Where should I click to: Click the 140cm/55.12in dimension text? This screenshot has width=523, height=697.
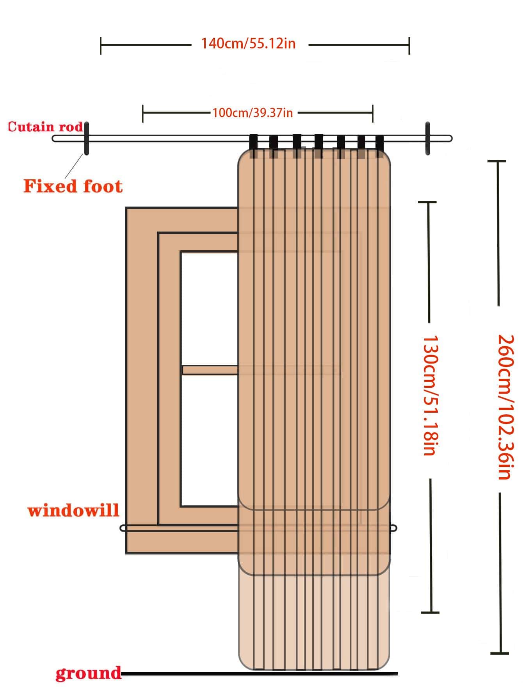click(248, 43)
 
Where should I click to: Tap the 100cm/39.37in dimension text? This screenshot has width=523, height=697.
click(253, 113)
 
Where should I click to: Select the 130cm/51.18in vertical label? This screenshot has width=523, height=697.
click(429, 395)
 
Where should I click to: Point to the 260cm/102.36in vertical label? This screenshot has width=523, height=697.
click(504, 406)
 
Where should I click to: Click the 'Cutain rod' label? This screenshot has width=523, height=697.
click(45, 127)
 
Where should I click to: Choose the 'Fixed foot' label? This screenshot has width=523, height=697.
click(73, 186)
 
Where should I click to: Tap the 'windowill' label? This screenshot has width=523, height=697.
click(73, 510)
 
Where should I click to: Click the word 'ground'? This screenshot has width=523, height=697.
click(88, 673)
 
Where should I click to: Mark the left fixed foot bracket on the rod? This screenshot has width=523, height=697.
click(86, 139)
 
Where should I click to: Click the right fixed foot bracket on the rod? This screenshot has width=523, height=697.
click(428, 139)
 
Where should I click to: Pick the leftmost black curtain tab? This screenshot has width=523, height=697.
click(254, 145)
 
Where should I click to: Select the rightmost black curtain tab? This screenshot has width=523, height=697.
click(380, 145)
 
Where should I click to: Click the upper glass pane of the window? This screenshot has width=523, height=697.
click(209, 308)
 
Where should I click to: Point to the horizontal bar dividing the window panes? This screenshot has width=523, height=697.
click(210, 370)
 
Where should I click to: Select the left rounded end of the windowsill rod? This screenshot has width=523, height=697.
click(123, 528)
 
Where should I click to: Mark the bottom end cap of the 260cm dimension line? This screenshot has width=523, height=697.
click(500, 652)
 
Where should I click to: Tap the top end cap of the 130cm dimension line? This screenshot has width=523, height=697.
click(428, 202)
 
